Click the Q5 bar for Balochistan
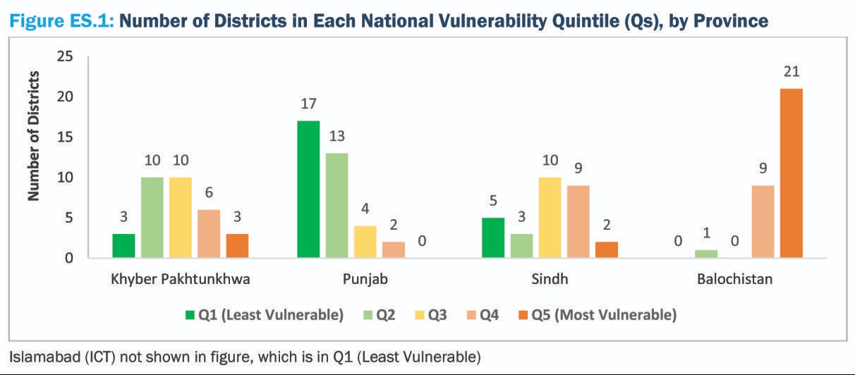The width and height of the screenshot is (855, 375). (790, 173)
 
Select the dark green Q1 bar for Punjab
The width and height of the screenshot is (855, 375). (308, 190)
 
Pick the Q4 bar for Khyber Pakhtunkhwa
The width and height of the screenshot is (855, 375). (209, 234)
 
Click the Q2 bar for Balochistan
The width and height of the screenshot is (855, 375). (705, 254)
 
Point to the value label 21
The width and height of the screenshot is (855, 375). (791, 73)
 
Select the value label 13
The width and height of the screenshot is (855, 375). (336, 137)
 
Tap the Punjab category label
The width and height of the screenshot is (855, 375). (365, 279)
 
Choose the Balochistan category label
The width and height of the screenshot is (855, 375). (734, 279)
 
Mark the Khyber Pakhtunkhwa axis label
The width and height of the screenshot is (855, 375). (180, 279)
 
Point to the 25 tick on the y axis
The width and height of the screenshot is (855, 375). (64, 56)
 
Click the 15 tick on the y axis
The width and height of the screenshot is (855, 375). (64, 137)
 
